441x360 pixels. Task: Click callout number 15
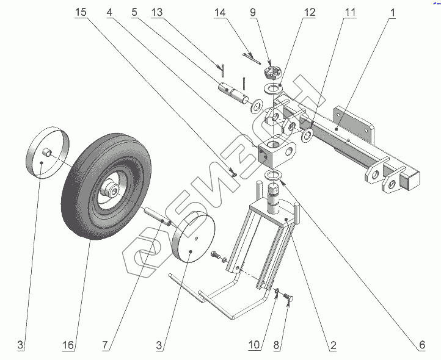tap(81, 12)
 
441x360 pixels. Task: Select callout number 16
tap(68, 346)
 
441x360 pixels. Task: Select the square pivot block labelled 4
tap(276, 152)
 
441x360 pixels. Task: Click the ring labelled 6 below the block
tap(275, 176)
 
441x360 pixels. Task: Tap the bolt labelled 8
tap(289, 299)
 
